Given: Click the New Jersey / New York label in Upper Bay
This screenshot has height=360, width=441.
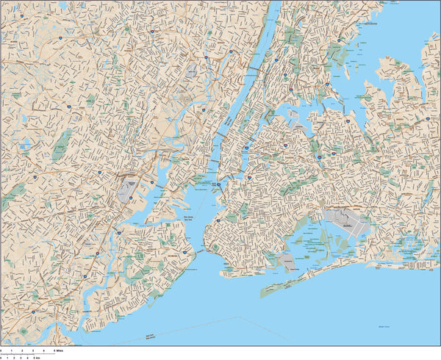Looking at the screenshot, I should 190,218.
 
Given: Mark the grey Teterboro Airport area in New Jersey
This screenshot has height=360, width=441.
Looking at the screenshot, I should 193,71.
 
